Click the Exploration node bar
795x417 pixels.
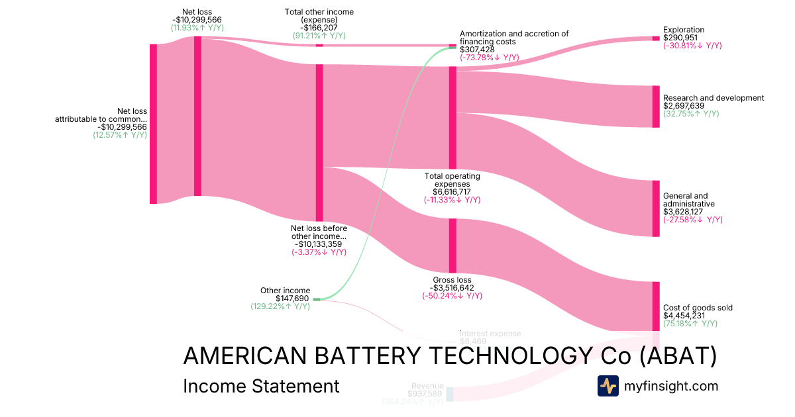[x=656, y=38]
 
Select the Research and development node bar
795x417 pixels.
[x=656, y=106]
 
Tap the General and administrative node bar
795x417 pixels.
[x=656, y=208]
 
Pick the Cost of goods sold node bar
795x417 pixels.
[x=656, y=306]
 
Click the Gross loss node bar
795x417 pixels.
[x=453, y=245]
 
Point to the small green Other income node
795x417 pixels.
[x=317, y=299]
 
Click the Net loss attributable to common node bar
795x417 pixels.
[x=153, y=124]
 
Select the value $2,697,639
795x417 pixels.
[x=684, y=106]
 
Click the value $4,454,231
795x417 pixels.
[x=684, y=316]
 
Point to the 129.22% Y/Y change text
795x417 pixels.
[x=280, y=306]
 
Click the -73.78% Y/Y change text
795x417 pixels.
[x=489, y=58]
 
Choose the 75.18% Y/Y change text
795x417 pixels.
[x=690, y=324]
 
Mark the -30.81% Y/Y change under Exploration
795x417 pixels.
[x=692, y=46]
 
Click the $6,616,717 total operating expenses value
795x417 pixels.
[x=452, y=192]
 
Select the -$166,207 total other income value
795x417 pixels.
[x=319, y=28]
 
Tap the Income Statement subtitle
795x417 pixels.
[x=261, y=386]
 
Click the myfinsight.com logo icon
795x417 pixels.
[x=608, y=386]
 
